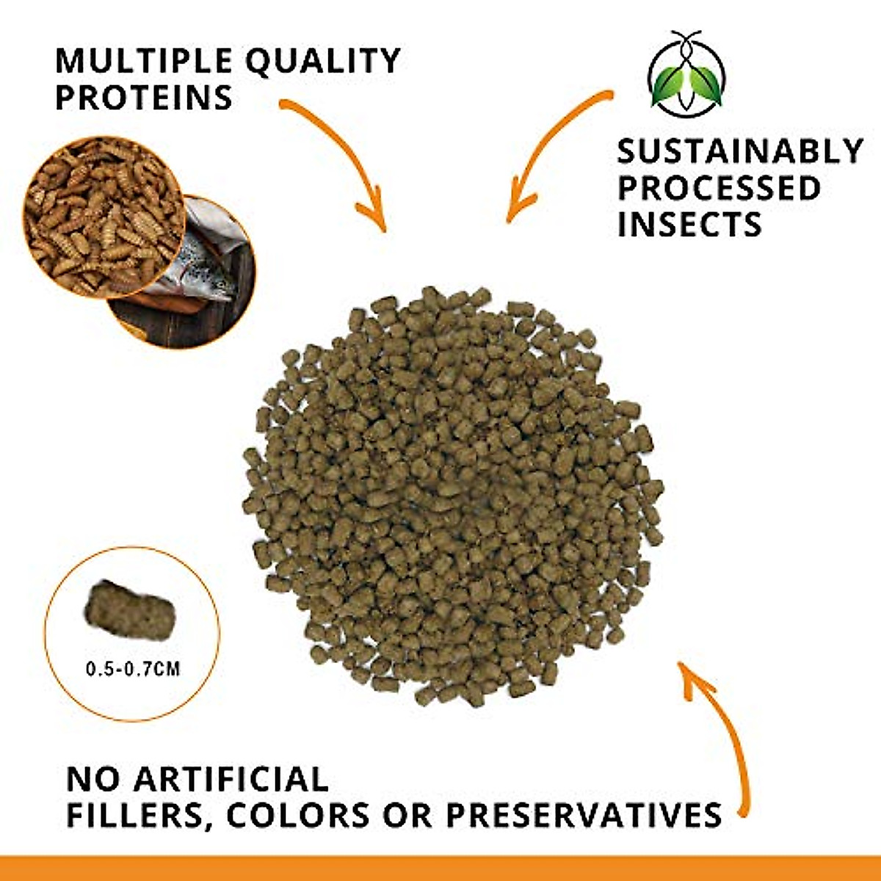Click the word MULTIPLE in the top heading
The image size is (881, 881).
(143, 61)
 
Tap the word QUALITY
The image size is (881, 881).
(323, 61)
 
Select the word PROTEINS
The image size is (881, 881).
(144, 98)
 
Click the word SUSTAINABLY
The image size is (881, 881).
(740, 152)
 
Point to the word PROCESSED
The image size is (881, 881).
(719, 188)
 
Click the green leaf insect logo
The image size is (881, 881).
(687, 74)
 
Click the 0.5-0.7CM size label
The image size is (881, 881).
(133, 669)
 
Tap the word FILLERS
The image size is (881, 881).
(137, 815)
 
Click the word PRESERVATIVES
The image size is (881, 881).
(584, 815)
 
